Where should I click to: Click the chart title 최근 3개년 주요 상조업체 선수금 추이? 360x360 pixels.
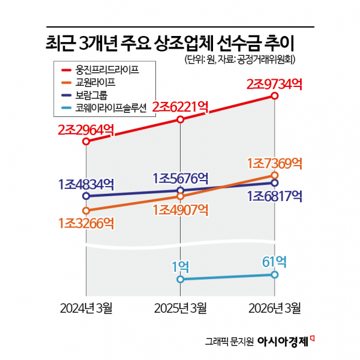tap(170, 43)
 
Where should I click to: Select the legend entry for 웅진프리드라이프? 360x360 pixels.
tap(100, 70)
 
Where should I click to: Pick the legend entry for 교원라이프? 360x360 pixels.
tap(88, 82)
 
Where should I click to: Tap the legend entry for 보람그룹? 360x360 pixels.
tap(85, 95)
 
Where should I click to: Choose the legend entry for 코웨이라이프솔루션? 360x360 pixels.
tap(104, 107)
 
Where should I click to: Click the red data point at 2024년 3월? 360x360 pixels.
tap(86, 142)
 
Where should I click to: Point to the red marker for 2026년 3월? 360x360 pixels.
tap(275, 96)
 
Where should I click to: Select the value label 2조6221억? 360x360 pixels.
tap(181, 107)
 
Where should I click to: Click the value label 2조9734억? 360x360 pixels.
tap(274, 84)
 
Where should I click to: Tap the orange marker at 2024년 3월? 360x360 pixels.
tap(86, 211)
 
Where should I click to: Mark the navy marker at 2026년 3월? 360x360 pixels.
tap(275, 183)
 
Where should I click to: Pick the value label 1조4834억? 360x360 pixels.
tap(86, 184)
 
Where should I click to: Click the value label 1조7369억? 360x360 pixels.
tap(274, 163)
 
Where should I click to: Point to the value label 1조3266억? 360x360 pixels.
tap(86, 223)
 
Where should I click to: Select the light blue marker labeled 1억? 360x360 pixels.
tap(181, 279)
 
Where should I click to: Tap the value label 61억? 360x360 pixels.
tap(274, 262)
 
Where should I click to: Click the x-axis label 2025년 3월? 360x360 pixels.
tap(181, 308)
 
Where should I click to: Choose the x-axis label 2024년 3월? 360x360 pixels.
tap(86, 308)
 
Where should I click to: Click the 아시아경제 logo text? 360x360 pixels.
tap(283, 342)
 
